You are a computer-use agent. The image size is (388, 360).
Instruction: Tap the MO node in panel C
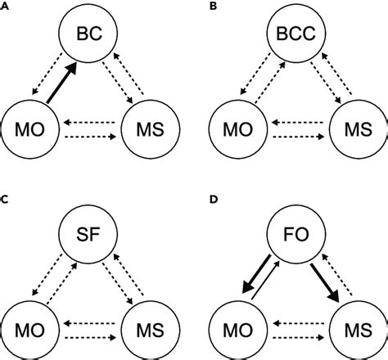pyautogui.click(x=29, y=314)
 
